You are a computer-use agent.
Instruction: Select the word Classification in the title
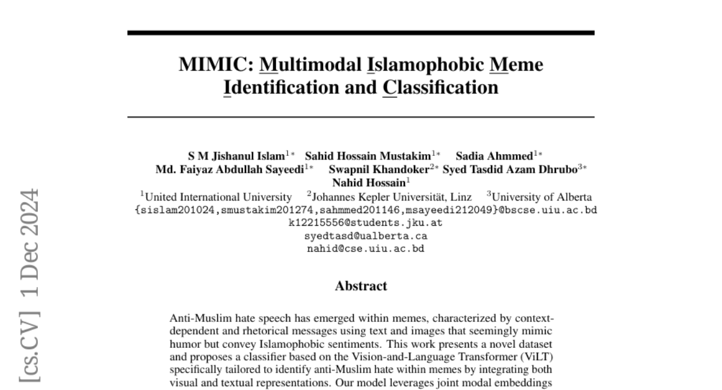[440, 88]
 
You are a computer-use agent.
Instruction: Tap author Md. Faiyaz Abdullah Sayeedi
[230, 169]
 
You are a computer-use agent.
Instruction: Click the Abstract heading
[361, 286]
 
